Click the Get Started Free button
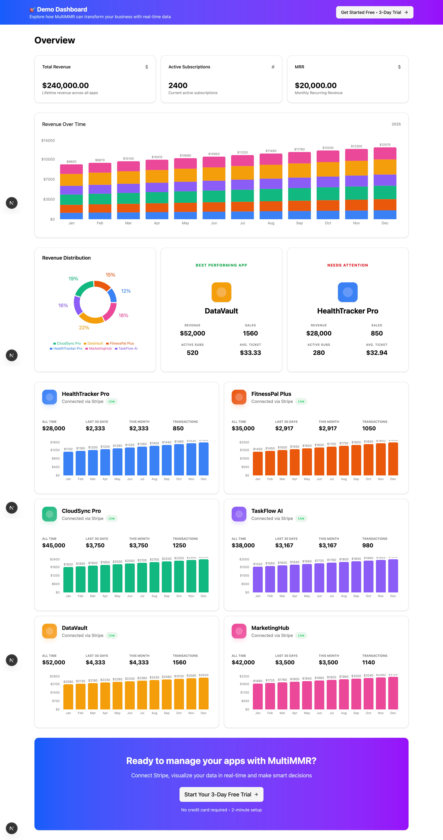[374, 12]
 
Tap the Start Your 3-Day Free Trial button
[221, 794]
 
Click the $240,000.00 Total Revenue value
[66, 85]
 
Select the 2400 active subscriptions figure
[178, 85]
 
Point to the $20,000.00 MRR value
[315, 85]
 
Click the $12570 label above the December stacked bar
[385, 145]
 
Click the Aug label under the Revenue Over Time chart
[271, 223]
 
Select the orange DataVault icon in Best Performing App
[221, 292]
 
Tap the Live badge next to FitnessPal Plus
[301, 401]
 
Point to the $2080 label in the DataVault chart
[68, 682]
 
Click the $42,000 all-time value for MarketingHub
[243, 662]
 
